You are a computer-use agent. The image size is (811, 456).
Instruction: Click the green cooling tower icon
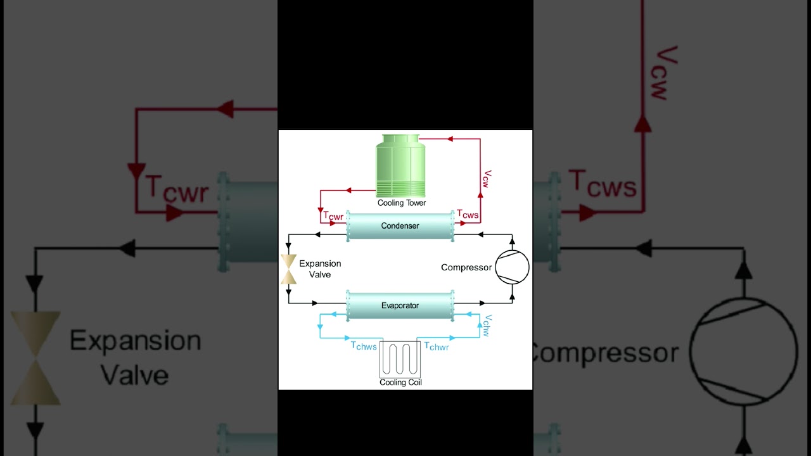(400, 166)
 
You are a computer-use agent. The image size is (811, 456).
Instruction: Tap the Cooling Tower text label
(402, 203)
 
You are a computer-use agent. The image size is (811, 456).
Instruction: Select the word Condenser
(400, 226)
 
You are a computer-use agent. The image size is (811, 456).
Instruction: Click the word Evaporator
(400, 306)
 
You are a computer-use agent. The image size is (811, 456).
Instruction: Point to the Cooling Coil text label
(400, 383)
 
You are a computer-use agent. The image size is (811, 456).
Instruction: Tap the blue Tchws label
(364, 346)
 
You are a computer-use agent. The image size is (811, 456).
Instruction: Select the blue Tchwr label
(437, 346)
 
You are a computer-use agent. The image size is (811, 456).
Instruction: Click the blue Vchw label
(486, 325)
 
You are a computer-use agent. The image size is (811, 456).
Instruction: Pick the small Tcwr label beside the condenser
(333, 216)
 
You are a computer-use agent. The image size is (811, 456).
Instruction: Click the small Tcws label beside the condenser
(468, 215)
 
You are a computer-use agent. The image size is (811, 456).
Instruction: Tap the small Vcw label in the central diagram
(487, 179)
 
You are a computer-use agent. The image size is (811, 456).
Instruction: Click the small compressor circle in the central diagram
(512, 267)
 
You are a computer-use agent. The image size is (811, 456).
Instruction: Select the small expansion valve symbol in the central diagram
(289, 269)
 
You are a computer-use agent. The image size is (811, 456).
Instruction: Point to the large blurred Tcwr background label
(177, 189)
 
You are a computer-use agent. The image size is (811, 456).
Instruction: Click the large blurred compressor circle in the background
(743, 352)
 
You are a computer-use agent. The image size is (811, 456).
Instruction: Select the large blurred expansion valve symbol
(35, 358)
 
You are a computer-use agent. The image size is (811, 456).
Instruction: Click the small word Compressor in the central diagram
(466, 267)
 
